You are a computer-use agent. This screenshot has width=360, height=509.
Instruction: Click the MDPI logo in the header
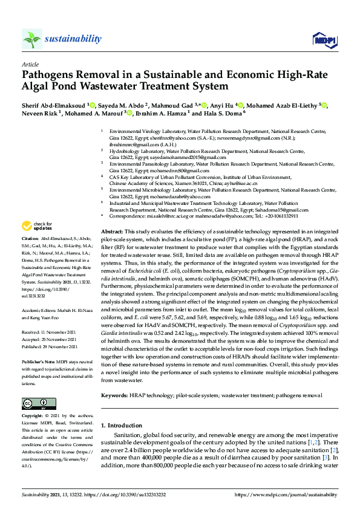321,39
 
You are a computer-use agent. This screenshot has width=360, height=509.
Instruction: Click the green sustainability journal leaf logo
31,39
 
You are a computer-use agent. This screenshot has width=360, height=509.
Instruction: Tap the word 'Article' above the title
30,64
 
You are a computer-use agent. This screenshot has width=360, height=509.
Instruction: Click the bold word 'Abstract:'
112,232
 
